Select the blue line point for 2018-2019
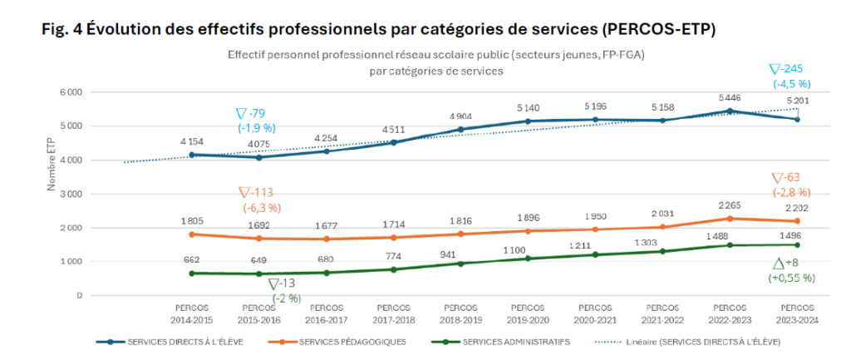[x=460, y=130]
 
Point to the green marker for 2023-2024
[x=797, y=244]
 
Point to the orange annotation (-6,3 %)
[x=261, y=208]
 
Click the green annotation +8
[x=790, y=263]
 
